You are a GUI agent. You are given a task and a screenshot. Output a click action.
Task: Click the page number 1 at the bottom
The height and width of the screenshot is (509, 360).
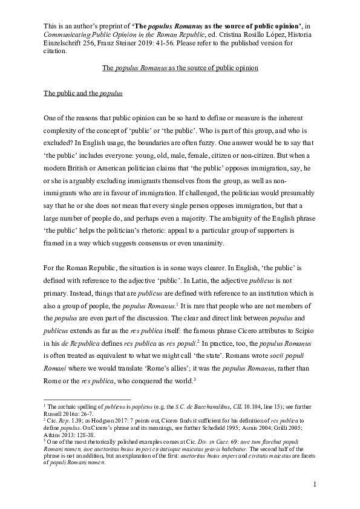click(315, 485)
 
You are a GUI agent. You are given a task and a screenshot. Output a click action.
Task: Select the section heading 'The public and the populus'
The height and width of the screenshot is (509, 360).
click(83, 94)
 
